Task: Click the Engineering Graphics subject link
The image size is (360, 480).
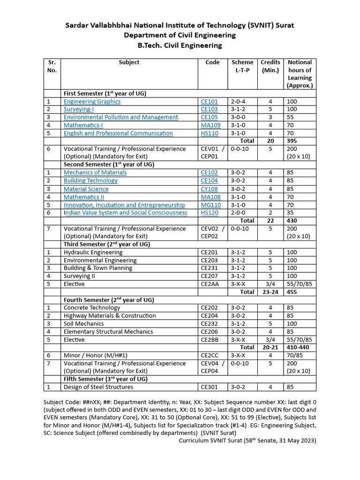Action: [92, 102]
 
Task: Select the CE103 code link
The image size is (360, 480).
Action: [209, 110]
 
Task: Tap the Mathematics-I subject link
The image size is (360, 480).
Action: [83, 125]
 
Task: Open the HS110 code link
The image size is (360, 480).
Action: [209, 133]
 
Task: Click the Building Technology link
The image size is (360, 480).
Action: [90, 180]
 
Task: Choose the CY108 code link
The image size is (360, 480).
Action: [209, 189]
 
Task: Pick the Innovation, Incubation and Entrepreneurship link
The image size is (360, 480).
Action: [124, 205]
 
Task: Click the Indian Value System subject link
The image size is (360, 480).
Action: [125, 213]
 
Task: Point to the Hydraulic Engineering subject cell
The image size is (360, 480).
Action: [93, 253]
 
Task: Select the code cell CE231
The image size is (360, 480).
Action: [209, 268]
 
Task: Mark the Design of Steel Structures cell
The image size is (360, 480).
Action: [98, 387]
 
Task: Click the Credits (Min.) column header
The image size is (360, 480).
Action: [270, 66]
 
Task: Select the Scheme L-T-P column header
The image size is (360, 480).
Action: [242, 66]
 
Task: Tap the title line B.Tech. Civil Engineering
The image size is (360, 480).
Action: [180, 45]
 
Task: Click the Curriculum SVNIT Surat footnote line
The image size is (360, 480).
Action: [247, 441]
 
